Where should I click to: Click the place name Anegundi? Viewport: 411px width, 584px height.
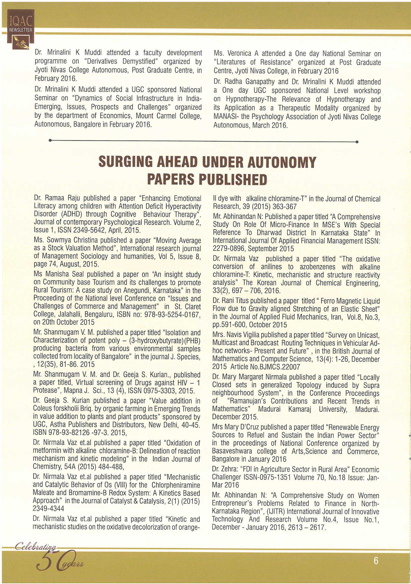coord(147,290)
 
